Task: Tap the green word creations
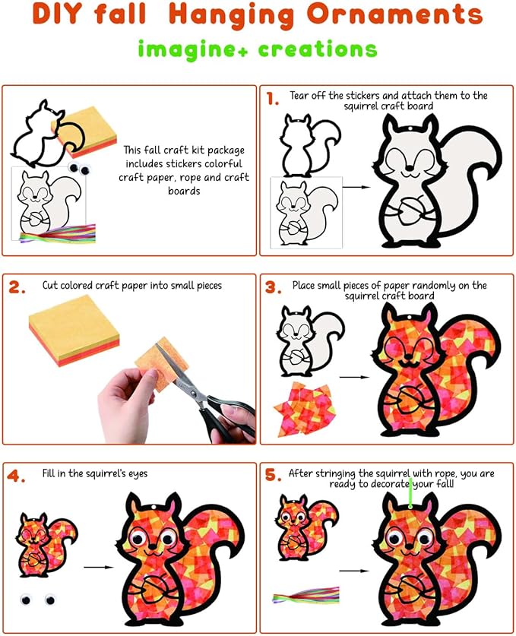318,49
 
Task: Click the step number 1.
272,99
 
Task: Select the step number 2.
17,287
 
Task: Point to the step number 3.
274,287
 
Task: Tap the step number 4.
16,476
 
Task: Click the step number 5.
274,475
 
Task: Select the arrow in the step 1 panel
356,187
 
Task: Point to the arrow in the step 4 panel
99,567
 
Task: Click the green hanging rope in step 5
410,493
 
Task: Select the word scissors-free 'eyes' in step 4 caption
137,473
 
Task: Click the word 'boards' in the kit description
184,191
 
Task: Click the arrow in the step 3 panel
354,377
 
